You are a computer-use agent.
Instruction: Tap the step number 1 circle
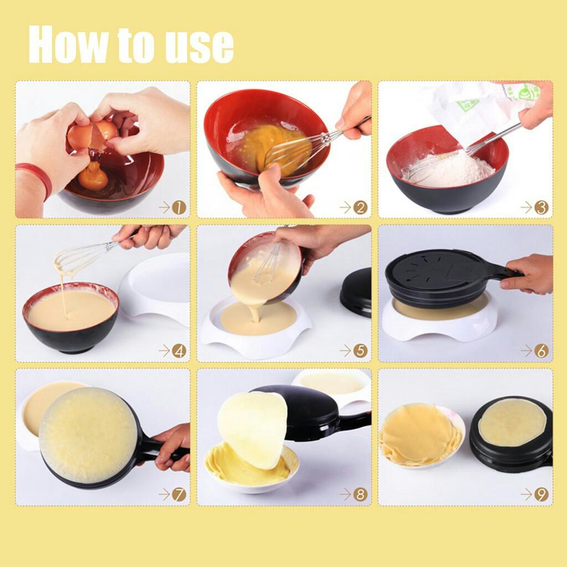click(x=179, y=208)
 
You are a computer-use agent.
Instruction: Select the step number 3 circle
click(x=542, y=208)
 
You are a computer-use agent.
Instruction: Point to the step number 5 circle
click(x=360, y=350)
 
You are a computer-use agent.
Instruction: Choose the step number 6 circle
click(x=542, y=350)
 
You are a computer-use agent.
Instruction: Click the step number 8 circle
click(x=360, y=494)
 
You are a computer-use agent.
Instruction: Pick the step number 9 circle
click(x=542, y=494)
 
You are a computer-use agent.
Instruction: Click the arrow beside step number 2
click(x=346, y=208)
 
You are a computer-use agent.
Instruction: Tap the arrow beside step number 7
click(x=164, y=494)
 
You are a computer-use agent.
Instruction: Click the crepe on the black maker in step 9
click(x=512, y=422)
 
